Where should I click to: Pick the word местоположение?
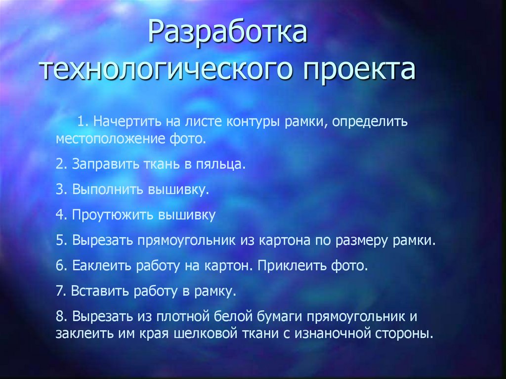[x=107, y=138]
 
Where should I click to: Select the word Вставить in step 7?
[x=99, y=292]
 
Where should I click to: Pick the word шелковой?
[x=201, y=334]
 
